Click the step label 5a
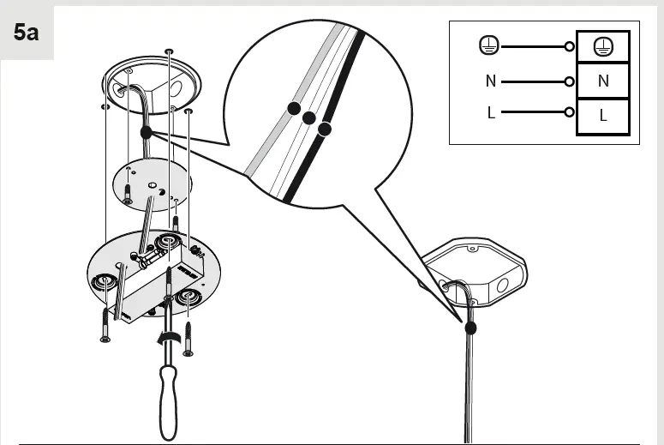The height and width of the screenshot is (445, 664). point(27,33)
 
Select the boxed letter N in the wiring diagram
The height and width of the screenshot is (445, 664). point(603,81)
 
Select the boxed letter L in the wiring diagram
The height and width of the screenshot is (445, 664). point(603,116)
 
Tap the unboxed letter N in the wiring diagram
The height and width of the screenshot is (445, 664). point(490,81)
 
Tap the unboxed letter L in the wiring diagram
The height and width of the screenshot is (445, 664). point(491,112)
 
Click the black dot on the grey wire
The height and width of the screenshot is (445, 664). point(294,108)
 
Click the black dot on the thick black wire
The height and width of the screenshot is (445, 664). point(324,129)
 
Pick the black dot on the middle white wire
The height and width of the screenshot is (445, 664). point(309,118)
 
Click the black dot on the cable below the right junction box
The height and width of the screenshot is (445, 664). point(470,327)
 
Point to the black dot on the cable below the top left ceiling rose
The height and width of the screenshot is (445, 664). point(146,133)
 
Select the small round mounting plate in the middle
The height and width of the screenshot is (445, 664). point(152,183)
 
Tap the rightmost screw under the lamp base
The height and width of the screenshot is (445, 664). point(188,338)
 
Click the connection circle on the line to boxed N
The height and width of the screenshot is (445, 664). point(569,81)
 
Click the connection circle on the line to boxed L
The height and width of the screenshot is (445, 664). point(569,112)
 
